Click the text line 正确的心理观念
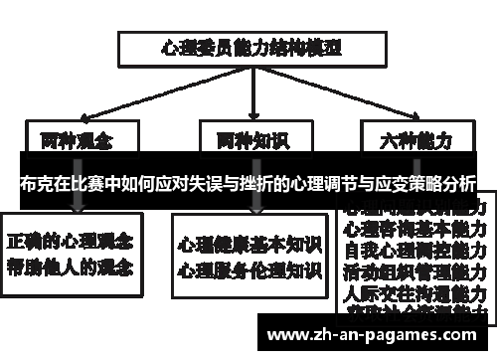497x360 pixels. tap(73, 241)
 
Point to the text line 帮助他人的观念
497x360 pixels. tap(73, 266)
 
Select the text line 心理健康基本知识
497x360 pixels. tap(249, 244)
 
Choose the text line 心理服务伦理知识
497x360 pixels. tap(249, 269)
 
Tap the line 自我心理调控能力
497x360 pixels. tap(414, 249)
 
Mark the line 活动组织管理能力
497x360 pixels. tap(414, 270)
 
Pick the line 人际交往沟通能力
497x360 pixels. tap(414, 293)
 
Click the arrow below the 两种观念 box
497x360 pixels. tap(77, 202)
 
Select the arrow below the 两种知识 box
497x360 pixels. tap(256, 202)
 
